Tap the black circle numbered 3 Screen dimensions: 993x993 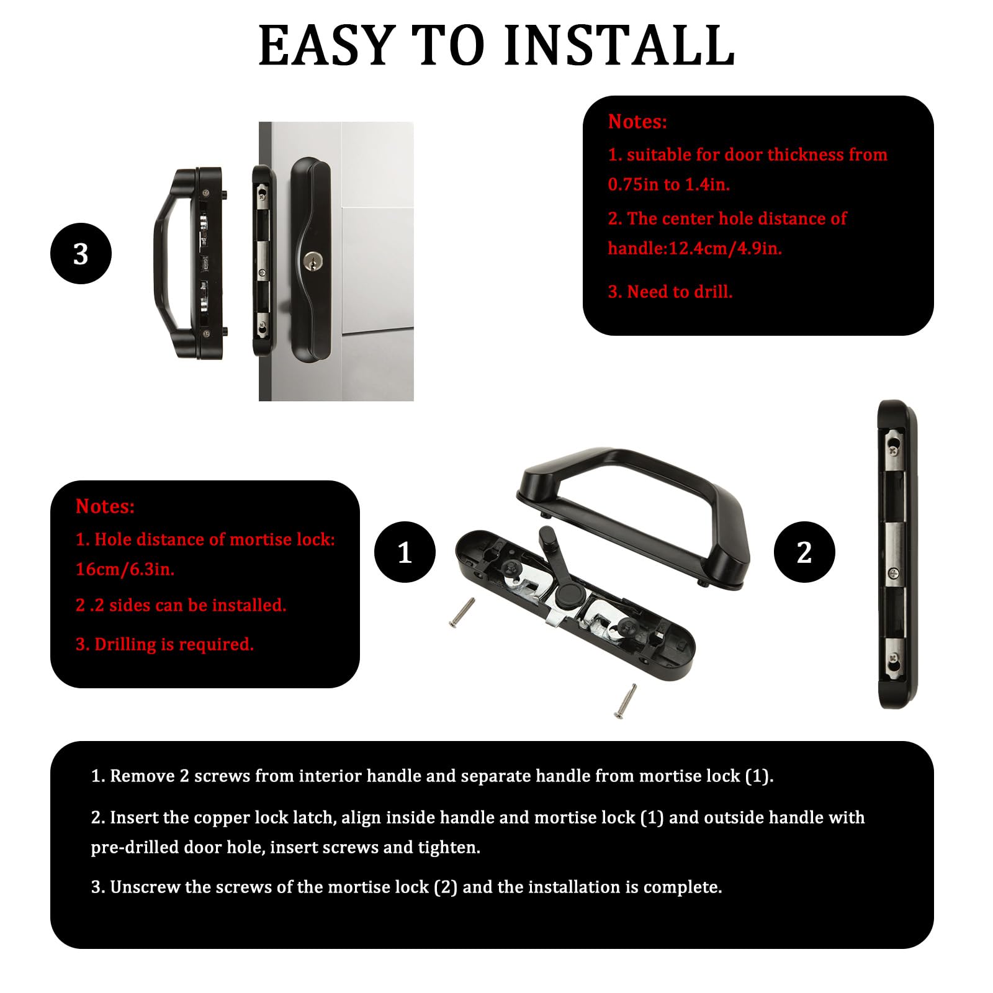coord(81,254)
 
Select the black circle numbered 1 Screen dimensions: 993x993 coord(405,552)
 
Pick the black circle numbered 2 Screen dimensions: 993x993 coord(804,552)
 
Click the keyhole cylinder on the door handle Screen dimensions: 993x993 coord(310,261)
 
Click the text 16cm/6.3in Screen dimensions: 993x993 coord(125,569)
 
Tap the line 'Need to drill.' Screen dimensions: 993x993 coord(680,292)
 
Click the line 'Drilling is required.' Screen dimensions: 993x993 coord(174,644)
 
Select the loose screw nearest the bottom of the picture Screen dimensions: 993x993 coord(625,701)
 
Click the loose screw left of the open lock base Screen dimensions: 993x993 coord(461,613)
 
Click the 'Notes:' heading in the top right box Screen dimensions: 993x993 coord(637,122)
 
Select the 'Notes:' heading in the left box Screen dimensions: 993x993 coord(105,506)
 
